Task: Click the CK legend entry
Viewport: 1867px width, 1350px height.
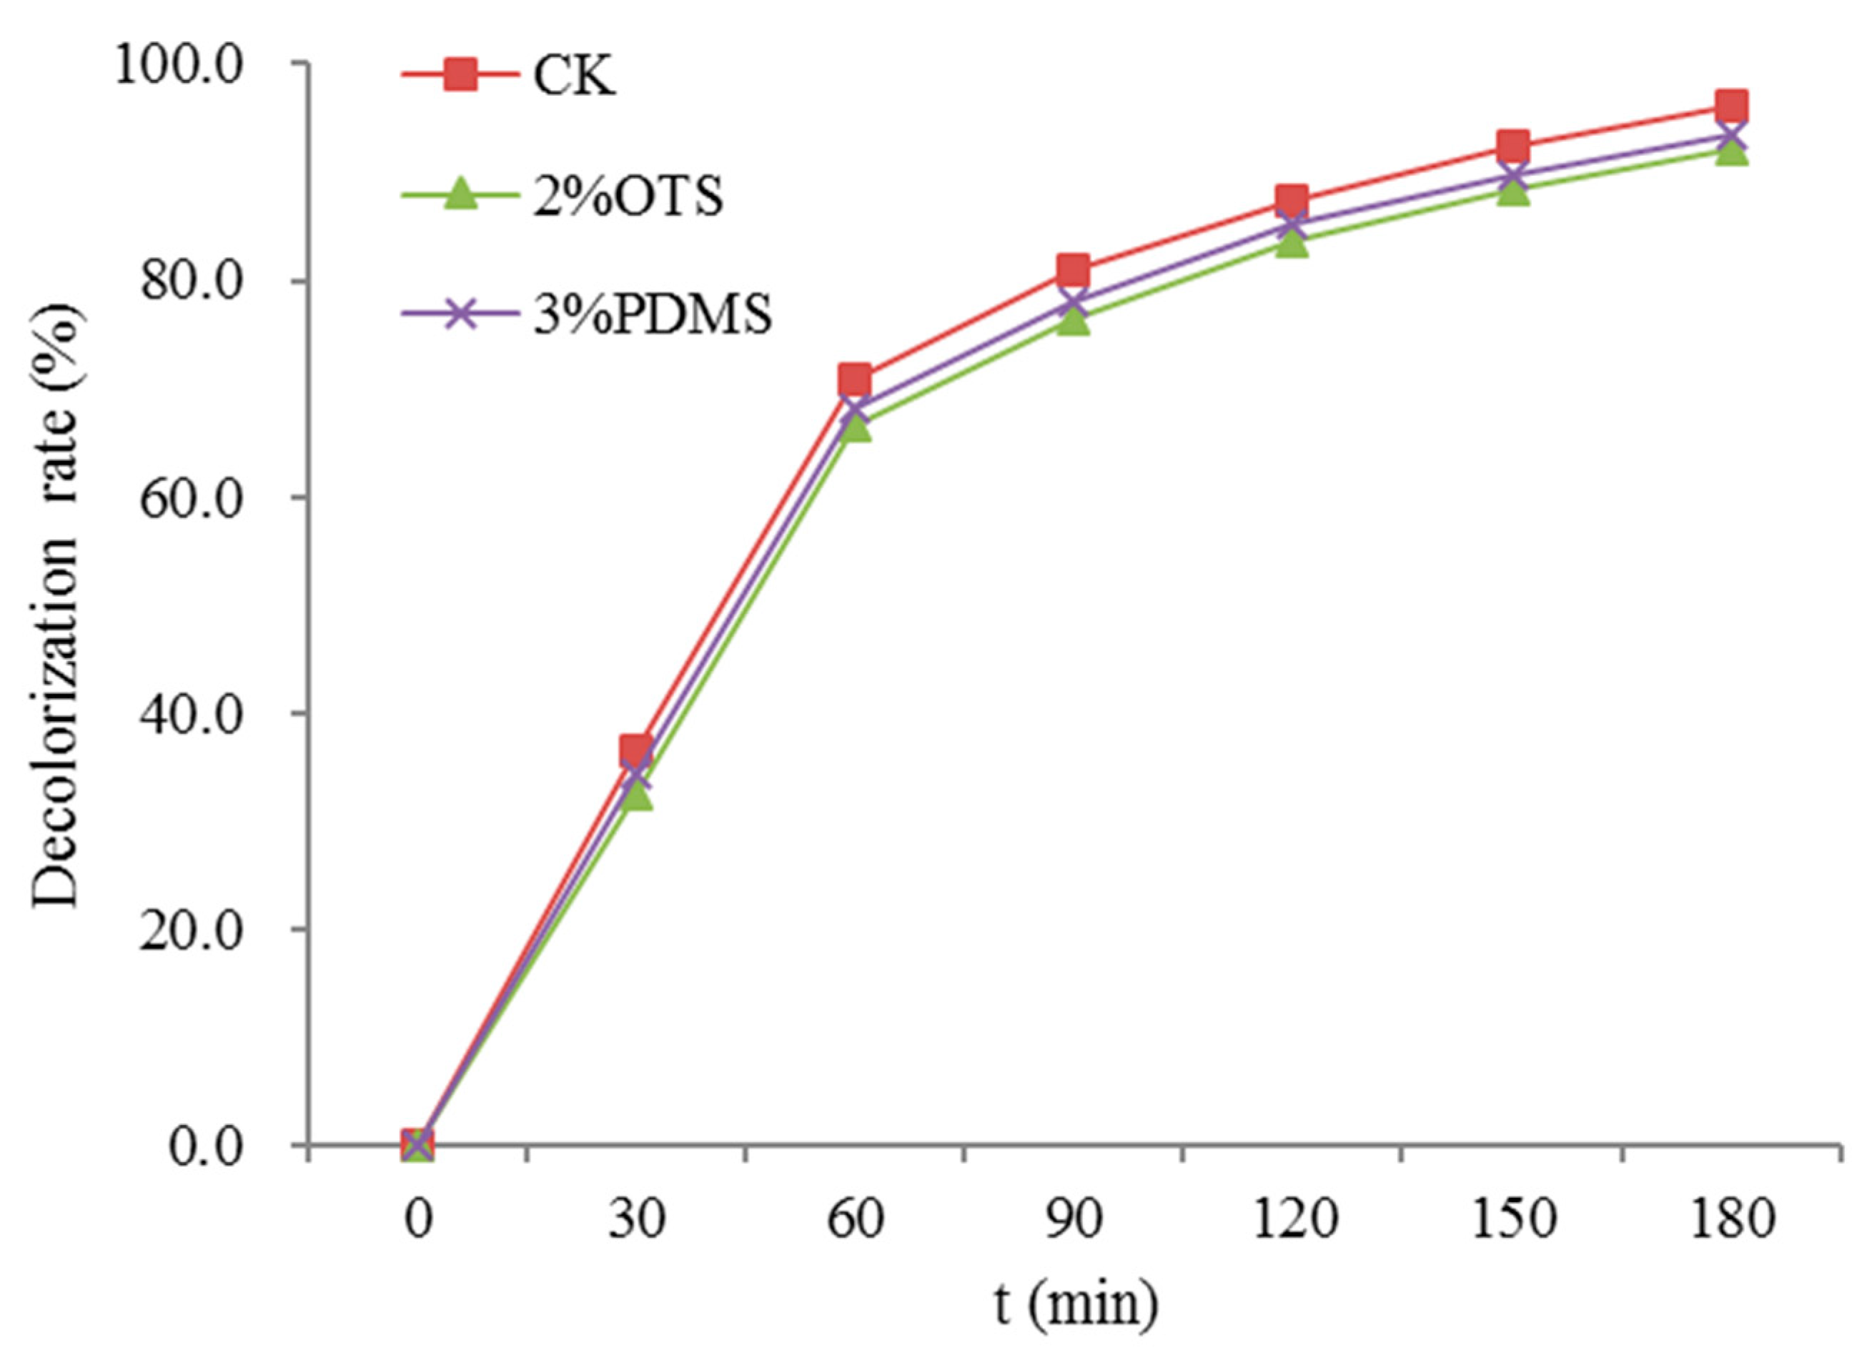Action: pyautogui.click(x=574, y=78)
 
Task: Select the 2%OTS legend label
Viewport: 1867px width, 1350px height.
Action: pyautogui.click(x=628, y=197)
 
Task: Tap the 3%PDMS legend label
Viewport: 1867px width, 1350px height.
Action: pyautogui.click(x=653, y=315)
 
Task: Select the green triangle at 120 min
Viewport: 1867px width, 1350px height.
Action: pyautogui.click(x=1292, y=243)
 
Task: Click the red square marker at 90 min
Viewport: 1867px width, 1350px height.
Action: pyautogui.click(x=1074, y=269)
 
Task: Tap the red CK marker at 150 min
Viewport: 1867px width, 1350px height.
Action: pyautogui.click(x=1512, y=147)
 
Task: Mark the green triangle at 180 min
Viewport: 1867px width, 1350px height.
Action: pyautogui.click(x=1731, y=152)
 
